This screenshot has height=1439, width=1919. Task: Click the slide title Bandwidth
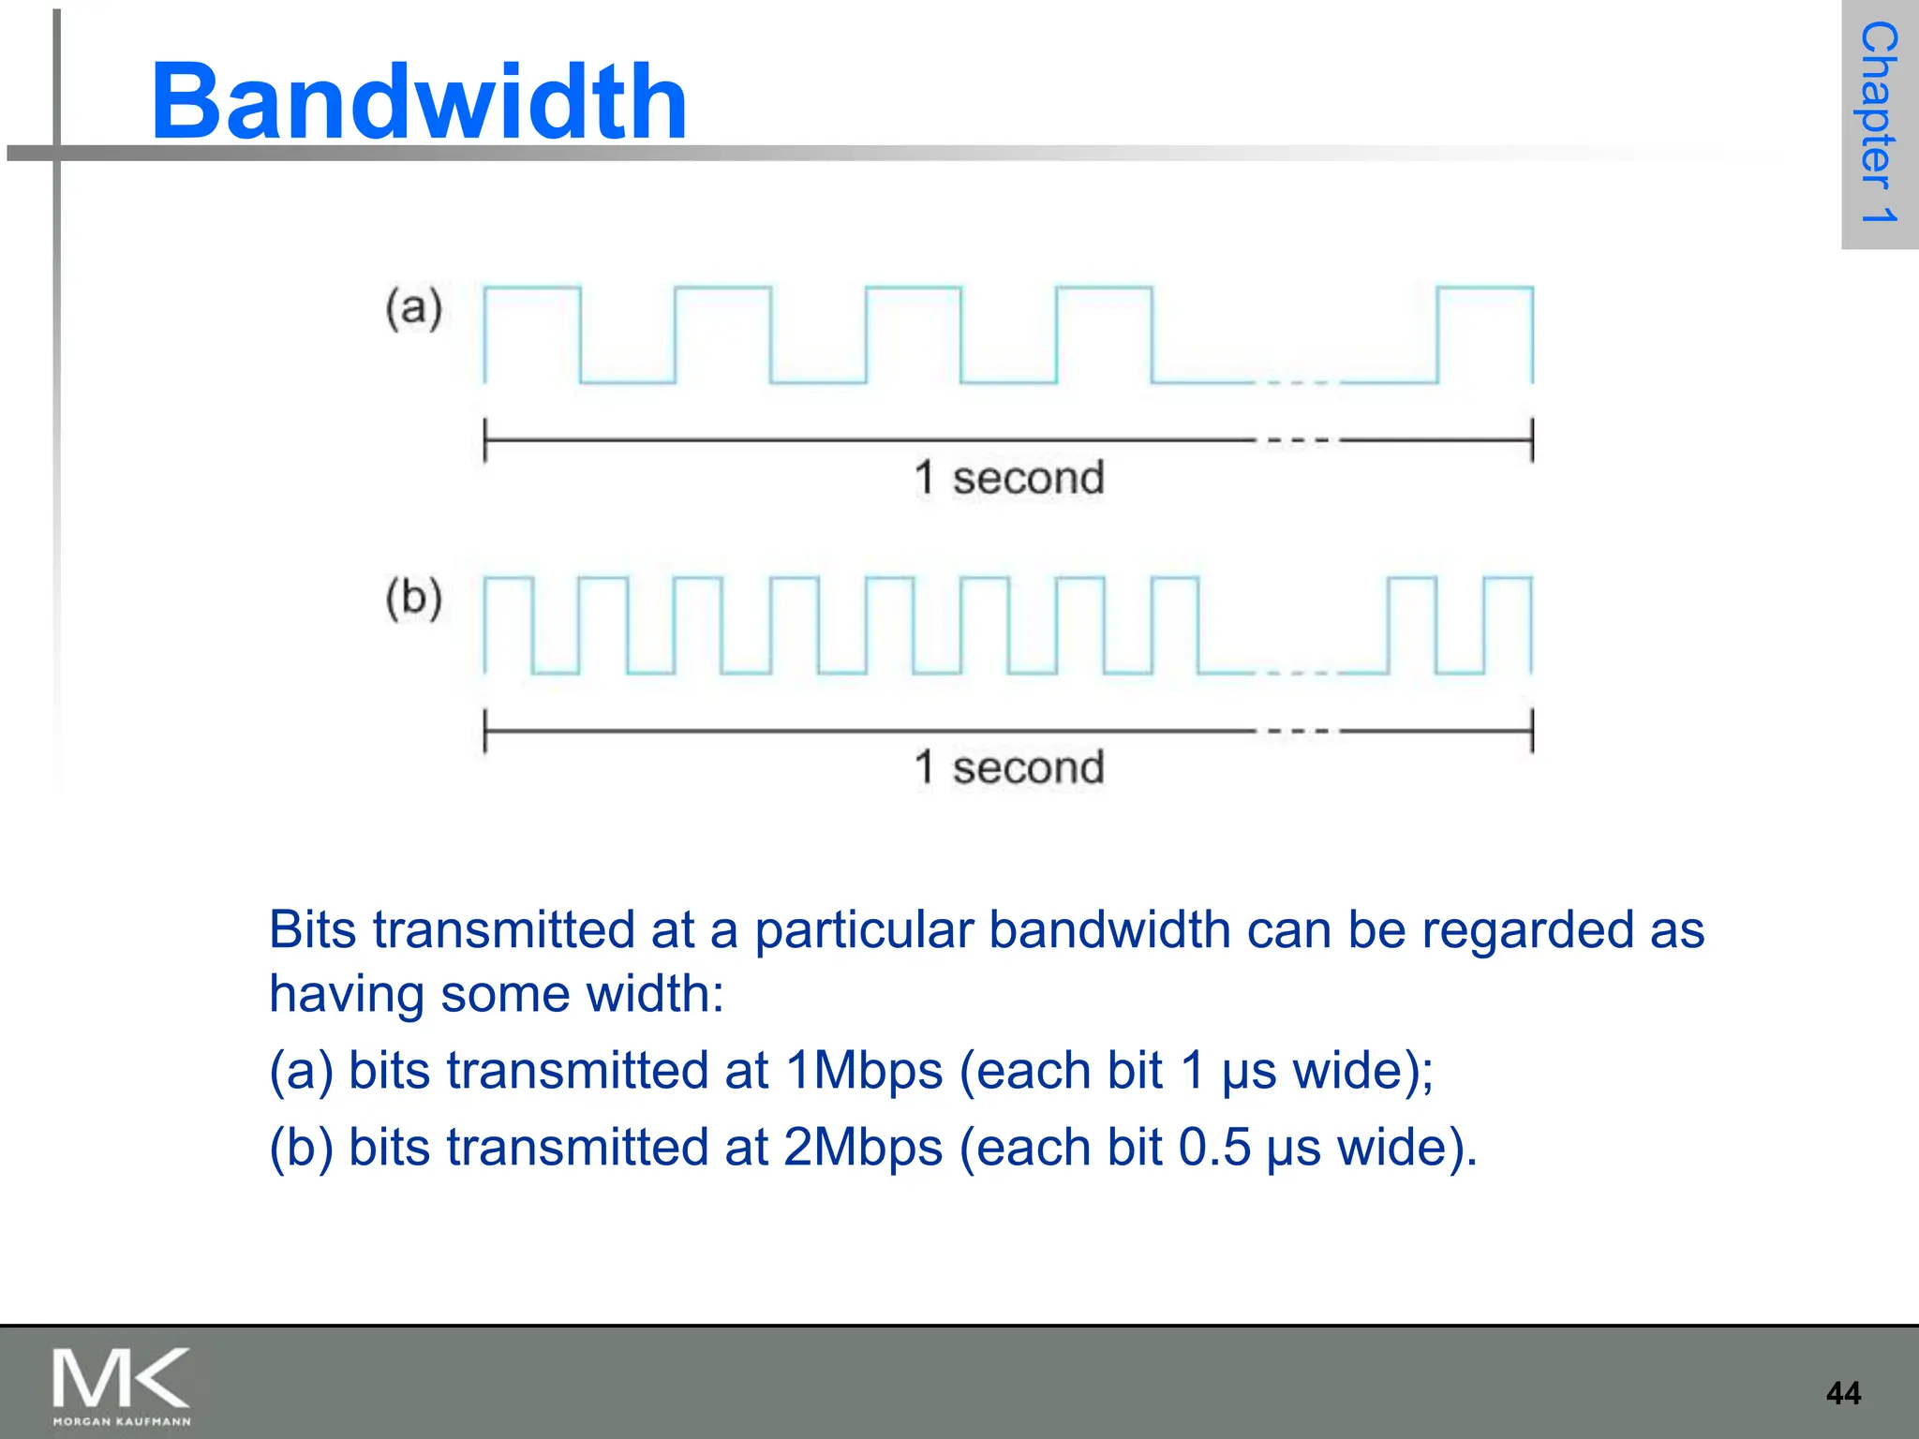tap(419, 101)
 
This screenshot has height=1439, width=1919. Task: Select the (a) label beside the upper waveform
tap(413, 309)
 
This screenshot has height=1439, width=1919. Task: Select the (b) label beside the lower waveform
tap(413, 599)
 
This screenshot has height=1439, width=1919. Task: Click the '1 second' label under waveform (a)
tap(1009, 478)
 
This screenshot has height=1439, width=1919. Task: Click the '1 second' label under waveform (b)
tap(1009, 767)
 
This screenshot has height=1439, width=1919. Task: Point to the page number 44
tap(1843, 1393)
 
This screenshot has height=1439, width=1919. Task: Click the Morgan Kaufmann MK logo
tap(121, 1385)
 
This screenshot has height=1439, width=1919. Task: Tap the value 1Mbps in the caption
tap(864, 1071)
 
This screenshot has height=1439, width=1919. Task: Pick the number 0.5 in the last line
tap(1214, 1148)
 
